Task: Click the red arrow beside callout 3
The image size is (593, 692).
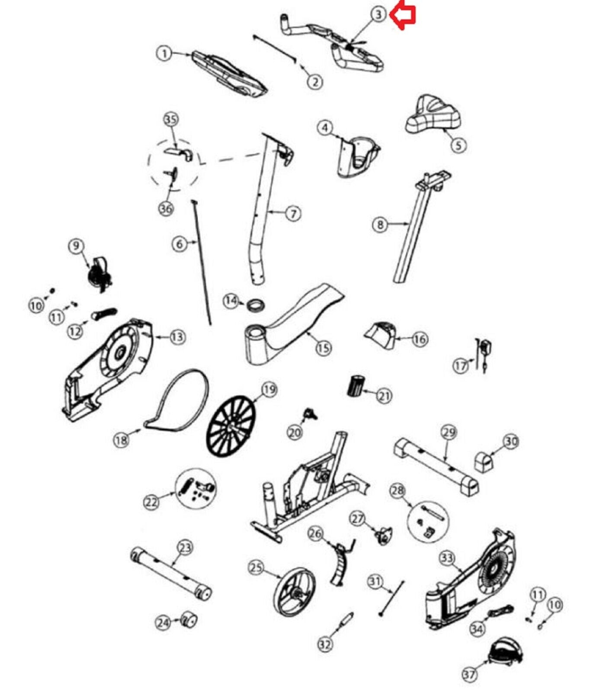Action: click(x=403, y=16)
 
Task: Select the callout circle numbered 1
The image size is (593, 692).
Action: click(x=164, y=54)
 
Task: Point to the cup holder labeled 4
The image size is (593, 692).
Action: click(x=357, y=156)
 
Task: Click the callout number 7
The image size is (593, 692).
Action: click(x=293, y=213)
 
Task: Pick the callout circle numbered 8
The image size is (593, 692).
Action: click(x=380, y=224)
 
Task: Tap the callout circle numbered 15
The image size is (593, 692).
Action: click(x=324, y=348)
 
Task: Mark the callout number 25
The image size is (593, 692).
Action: click(x=256, y=567)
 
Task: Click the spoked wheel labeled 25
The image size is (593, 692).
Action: click(x=294, y=591)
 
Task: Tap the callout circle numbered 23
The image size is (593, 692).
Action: click(x=185, y=548)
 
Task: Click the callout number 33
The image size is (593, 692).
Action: click(x=447, y=558)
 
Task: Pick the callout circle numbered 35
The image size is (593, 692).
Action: click(x=171, y=119)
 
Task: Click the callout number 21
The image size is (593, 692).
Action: click(x=384, y=395)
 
